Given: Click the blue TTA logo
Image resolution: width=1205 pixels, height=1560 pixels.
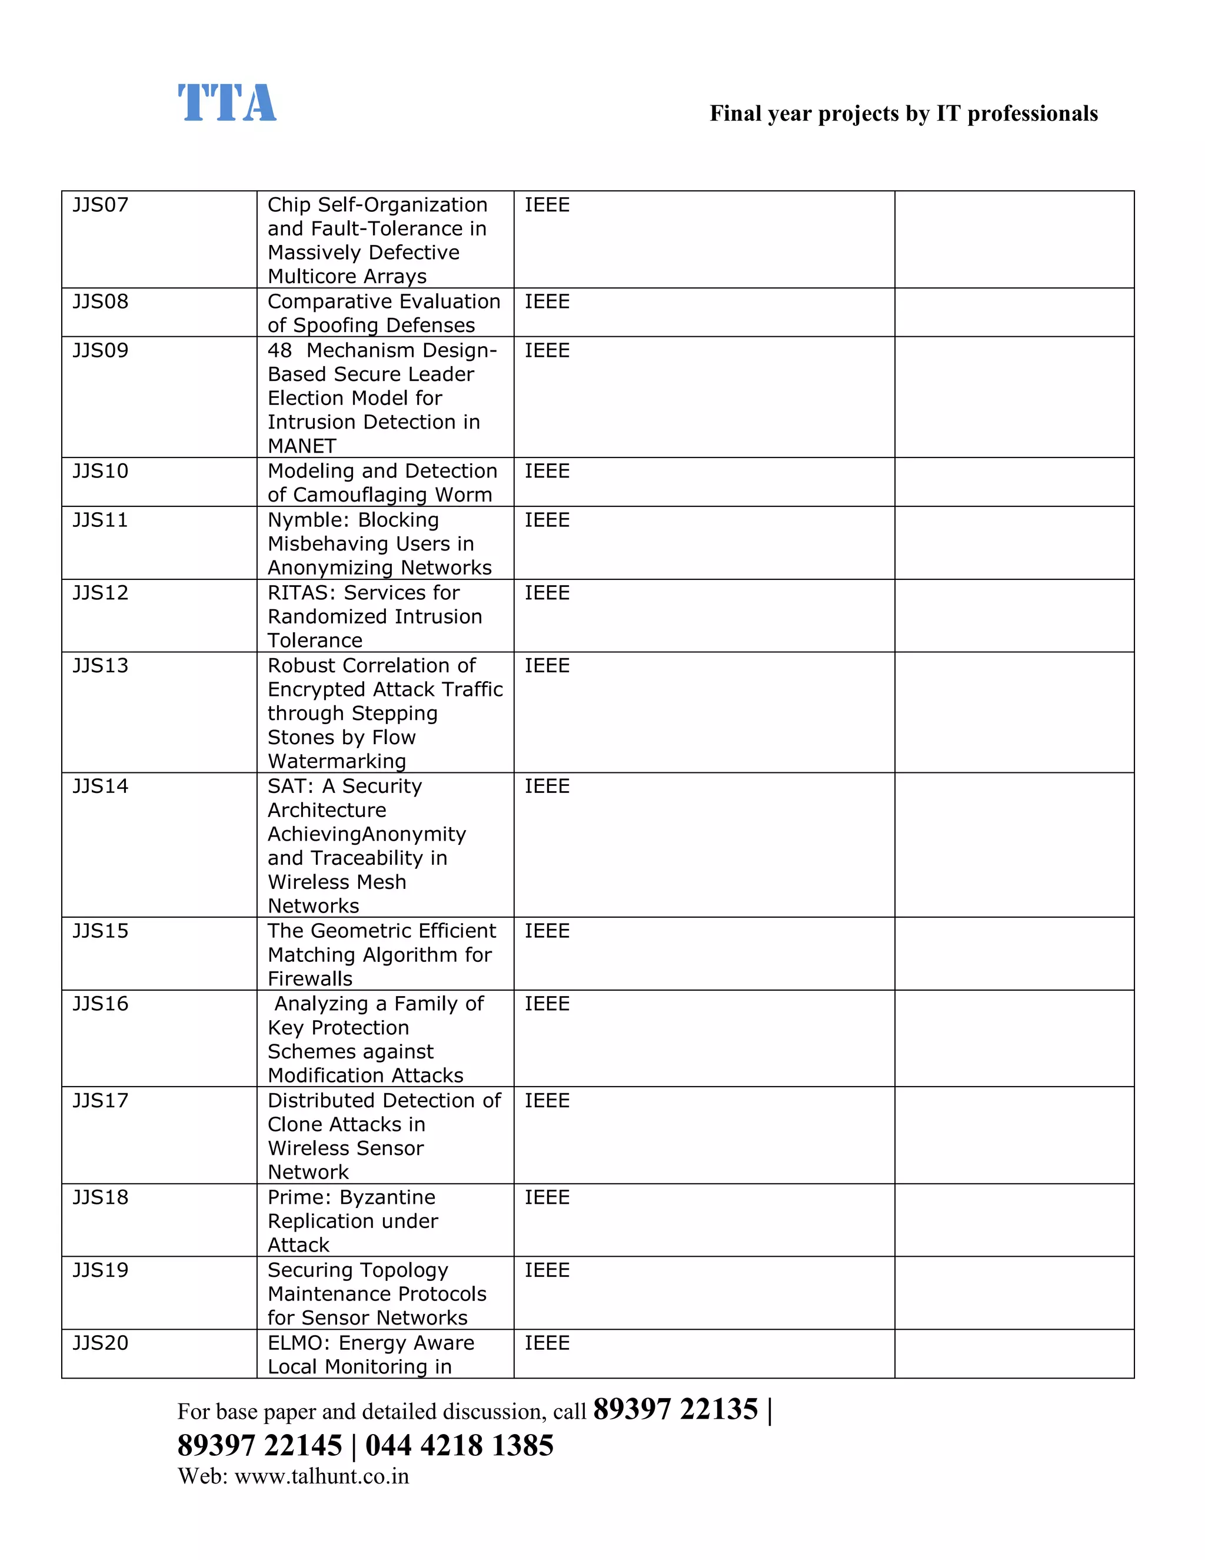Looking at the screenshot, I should point(227,102).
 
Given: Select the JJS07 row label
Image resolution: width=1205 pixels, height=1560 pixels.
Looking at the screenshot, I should point(101,205).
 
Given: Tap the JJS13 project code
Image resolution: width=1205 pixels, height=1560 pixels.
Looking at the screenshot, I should point(101,666).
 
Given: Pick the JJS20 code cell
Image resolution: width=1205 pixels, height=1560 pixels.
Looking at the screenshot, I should point(101,1343).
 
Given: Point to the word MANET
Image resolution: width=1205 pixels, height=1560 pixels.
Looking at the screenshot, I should point(301,446).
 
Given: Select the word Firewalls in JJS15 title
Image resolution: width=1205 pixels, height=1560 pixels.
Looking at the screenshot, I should point(310,980).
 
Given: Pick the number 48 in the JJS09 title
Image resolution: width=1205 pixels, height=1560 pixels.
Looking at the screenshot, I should point(280,351).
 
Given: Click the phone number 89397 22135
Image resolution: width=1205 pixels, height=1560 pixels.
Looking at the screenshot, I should point(675,1410).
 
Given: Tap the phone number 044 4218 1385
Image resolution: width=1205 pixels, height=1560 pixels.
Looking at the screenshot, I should point(459,1446).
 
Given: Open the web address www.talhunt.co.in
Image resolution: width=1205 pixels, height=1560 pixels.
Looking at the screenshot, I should point(321,1476).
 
